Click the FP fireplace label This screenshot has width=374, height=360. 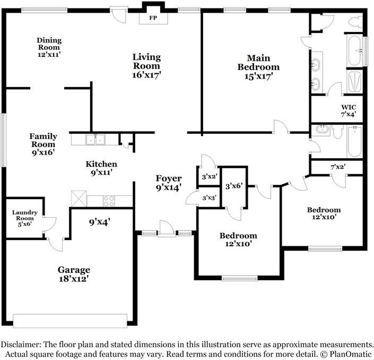153,18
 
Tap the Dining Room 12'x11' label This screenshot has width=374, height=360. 49,47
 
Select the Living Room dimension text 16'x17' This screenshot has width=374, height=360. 147,75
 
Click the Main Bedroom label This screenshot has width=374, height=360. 258,62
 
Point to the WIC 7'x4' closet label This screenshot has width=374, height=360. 349,111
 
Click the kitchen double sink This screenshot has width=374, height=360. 95,140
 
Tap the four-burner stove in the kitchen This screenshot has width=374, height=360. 109,201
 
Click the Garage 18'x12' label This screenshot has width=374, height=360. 74,274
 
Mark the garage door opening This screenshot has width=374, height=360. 70,321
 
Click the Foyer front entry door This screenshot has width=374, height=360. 167,229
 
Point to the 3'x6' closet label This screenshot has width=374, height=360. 234,186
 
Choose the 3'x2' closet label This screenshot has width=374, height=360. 209,177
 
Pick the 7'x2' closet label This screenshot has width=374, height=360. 338,167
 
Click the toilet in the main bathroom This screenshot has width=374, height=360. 355,22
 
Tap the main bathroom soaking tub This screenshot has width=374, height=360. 354,50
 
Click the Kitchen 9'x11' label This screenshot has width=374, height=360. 101,168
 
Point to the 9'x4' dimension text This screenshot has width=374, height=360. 99,222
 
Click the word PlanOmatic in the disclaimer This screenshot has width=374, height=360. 351,354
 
